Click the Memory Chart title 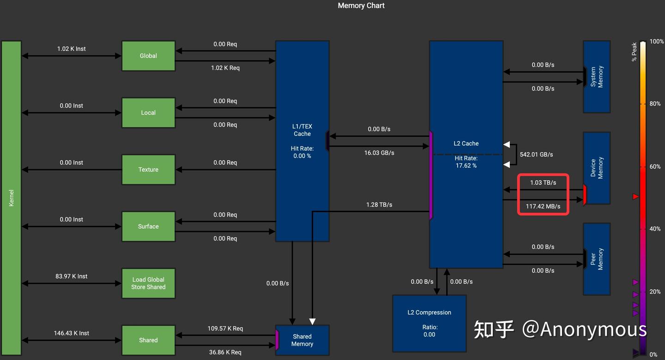pos(361,6)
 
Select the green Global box pos(148,56)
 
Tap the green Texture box pos(148,170)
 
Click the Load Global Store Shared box pos(148,283)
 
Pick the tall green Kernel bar pos(12,198)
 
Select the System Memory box pos(597,77)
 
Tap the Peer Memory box pos(597,259)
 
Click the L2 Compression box pos(429,323)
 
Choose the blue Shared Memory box pos(302,340)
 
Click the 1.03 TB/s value pos(543,183)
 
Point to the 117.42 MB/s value pos(543,207)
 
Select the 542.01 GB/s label pos(536,154)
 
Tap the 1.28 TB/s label pos(379,205)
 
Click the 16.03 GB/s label pos(379,153)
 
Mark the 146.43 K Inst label pos(72,333)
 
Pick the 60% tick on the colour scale pos(655,166)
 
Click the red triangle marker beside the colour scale pos(635,197)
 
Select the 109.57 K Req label pos(225,329)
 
